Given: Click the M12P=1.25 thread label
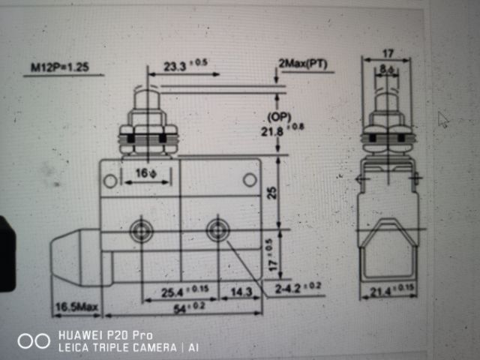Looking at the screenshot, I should pyautogui.click(x=59, y=67).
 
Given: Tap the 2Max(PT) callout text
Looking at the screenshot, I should pyautogui.click(x=302, y=64).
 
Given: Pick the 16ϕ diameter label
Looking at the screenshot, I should pyautogui.click(x=145, y=174).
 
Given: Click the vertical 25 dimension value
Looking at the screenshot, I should pyautogui.click(x=273, y=192).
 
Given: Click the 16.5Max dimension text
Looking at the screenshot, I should pyautogui.click(x=76, y=307).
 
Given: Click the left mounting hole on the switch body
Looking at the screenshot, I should pyautogui.click(x=141, y=231).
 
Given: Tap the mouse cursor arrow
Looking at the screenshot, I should pyautogui.click(x=442, y=119).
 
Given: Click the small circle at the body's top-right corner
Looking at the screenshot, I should pyautogui.click(x=249, y=179).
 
